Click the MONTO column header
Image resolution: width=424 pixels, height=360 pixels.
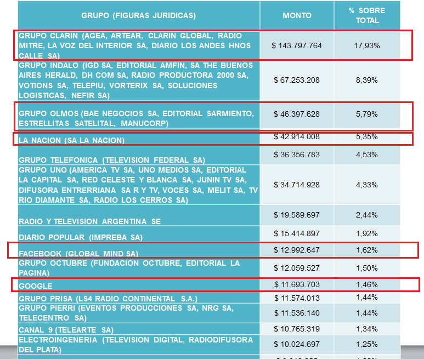[297, 16]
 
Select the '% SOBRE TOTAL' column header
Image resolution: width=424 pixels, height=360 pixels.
[366, 16]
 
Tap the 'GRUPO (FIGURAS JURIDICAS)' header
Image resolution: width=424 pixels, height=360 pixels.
[139, 16]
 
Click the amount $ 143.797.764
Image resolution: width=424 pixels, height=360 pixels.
[297, 45]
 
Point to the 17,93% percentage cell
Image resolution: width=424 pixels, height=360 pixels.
[367, 45]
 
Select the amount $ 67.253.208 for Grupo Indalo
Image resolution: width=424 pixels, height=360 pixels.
[297, 80]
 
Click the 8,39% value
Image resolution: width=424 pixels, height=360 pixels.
[367, 80]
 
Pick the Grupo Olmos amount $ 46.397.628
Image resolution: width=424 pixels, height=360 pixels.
[297, 114]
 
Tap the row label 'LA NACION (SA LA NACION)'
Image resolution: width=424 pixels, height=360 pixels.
[72, 141]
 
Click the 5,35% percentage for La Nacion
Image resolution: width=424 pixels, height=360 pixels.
[367, 136]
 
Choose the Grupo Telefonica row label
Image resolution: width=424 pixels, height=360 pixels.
[111, 160]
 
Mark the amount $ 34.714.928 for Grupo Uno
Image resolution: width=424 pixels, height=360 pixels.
[297, 185]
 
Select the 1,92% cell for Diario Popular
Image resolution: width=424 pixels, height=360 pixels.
[367, 234]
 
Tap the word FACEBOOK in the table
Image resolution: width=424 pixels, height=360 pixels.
[40, 254]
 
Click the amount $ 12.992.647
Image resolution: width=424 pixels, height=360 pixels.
[297, 250]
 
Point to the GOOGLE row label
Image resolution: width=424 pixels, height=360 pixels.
[36, 286]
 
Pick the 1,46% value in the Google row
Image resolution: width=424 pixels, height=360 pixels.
[367, 285]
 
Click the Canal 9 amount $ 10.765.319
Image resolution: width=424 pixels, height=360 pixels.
[297, 329]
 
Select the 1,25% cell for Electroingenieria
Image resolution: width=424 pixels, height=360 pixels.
[367, 344]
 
